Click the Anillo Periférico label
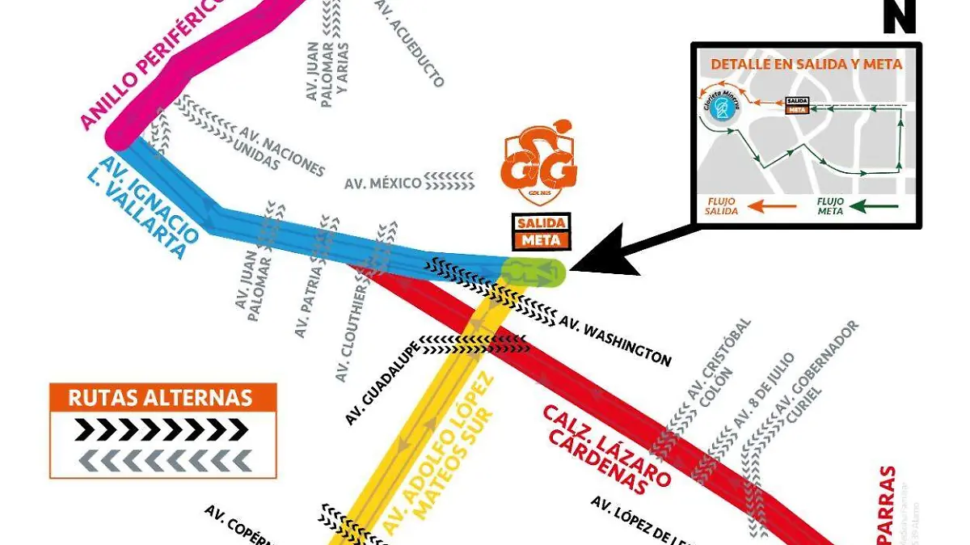[154, 62]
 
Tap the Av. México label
[383, 183]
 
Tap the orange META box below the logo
[541, 240]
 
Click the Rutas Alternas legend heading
[162, 398]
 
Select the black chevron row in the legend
[162, 429]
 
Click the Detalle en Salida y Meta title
[806, 65]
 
